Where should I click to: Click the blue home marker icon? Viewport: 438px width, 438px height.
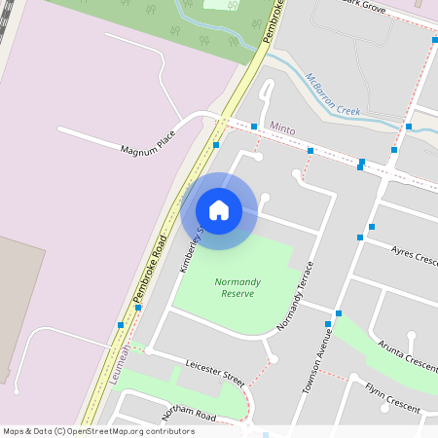click(219, 210)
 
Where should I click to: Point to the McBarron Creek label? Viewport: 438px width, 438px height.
click(334, 95)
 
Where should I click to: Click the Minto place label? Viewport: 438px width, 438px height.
click(281, 128)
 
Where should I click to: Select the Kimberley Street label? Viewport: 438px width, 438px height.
click(190, 249)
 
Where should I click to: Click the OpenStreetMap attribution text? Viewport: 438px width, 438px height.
click(98, 430)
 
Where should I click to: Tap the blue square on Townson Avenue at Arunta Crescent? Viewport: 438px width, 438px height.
click(339, 313)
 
